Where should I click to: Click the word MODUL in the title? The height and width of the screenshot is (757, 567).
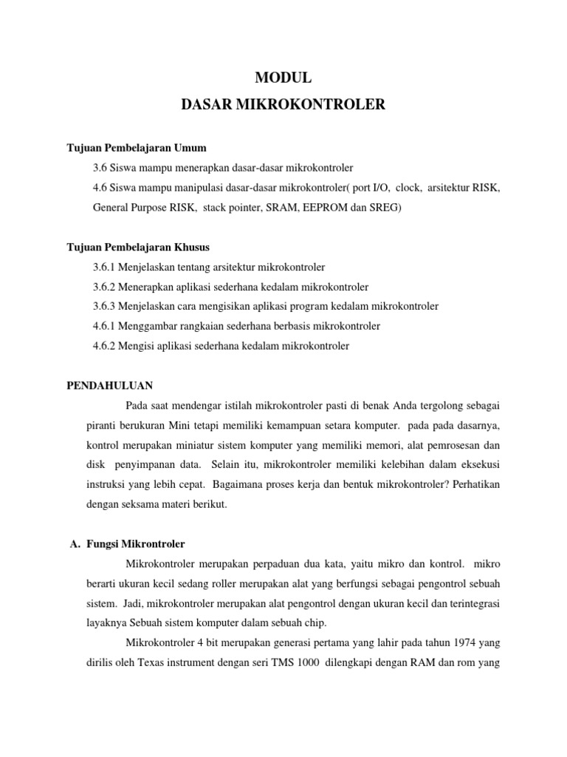pyautogui.click(x=283, y=77)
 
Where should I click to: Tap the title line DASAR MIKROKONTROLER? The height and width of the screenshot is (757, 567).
pyautogui.click(x=283, y=105)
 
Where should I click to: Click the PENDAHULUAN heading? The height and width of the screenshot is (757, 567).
pyautogui.click(x=110, y=385)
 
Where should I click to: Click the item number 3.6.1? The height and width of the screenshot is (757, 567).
pyautogui.click(x=106, y=266)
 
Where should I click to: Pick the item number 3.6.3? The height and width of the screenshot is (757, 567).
pyautogui.click(x=106, y=306)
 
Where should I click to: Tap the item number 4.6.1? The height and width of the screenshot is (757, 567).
pyautogui.click(x=106, y=325)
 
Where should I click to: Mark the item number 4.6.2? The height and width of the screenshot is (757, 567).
pyautogui.click(x=106, y=345)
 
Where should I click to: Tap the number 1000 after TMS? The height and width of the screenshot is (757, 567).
pyautogui.click(x=305, y=662)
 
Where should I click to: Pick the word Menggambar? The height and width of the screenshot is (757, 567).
pyautogui.click(x=148, y=325)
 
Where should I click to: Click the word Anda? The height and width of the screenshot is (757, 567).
pyautogui.click(x=408, y=406)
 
